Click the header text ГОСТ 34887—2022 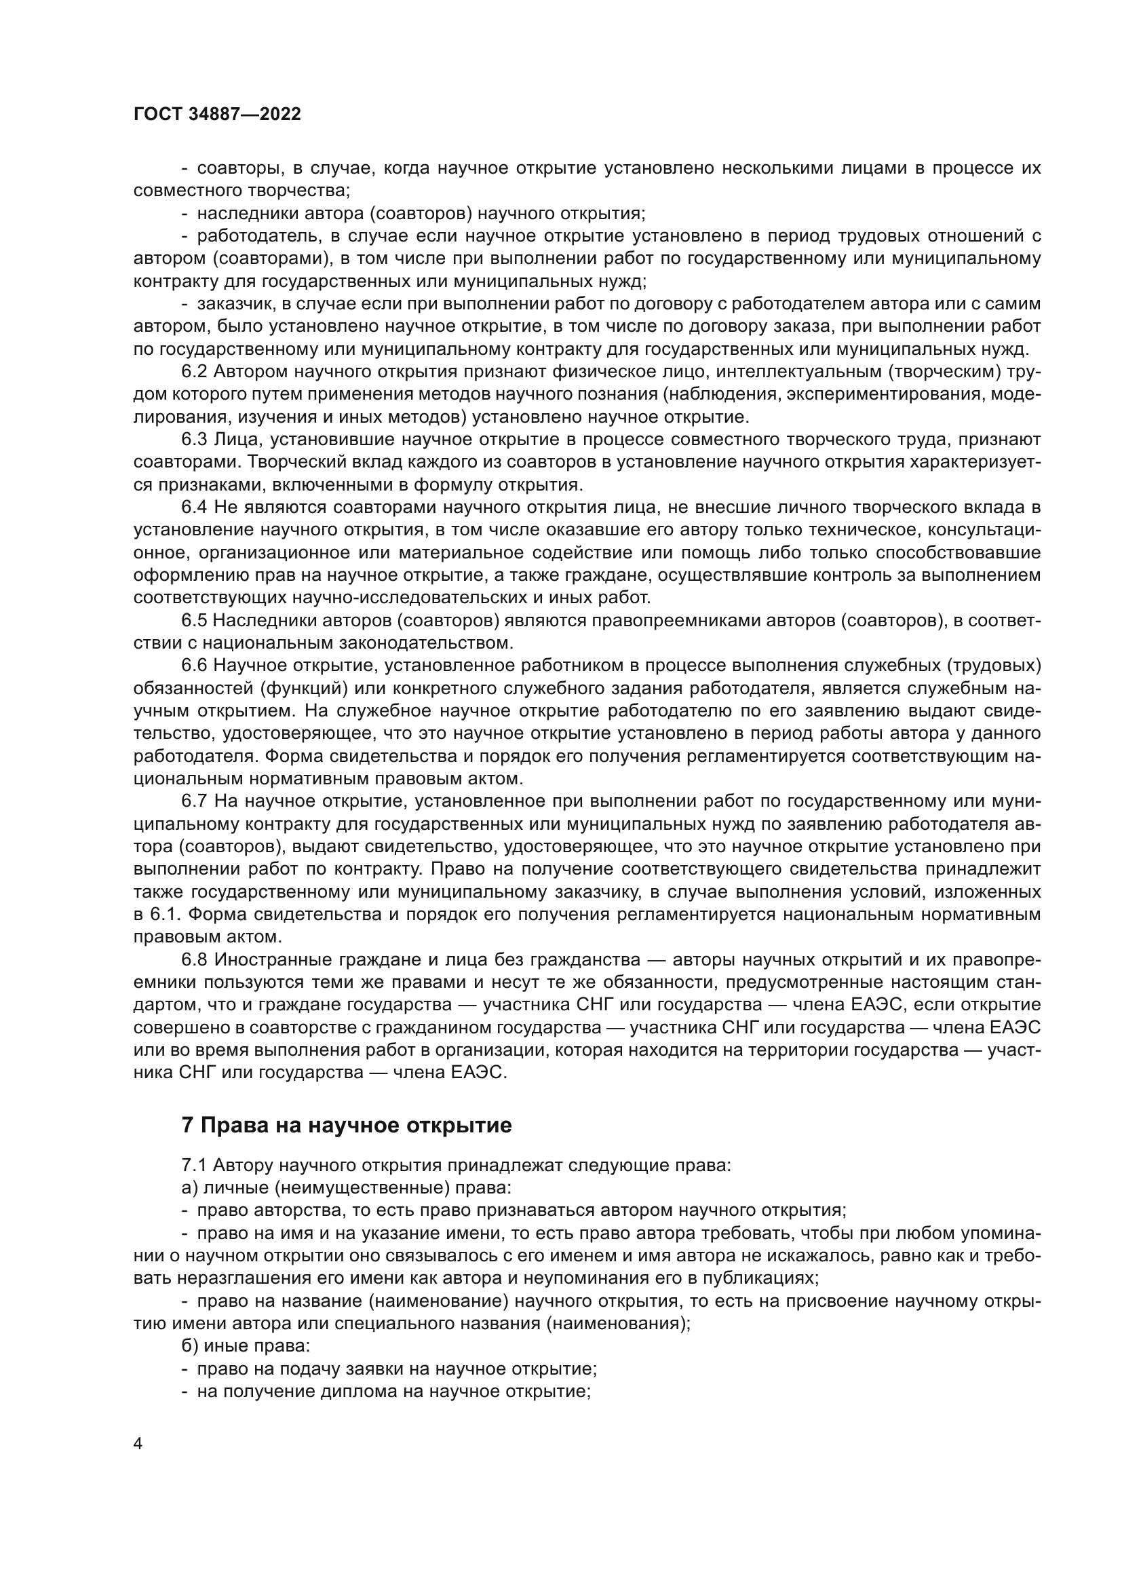[217, 115]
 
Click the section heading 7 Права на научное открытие [346, 1124]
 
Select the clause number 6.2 [194, 372]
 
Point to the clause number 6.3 [194, 440]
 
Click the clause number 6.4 [194, 508]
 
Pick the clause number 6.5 [194, 621]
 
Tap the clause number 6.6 [194, 666]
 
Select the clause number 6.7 [194, 801]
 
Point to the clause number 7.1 [194, 1165]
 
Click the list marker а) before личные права [189, 1187]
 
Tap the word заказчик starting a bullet [233, 304]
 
